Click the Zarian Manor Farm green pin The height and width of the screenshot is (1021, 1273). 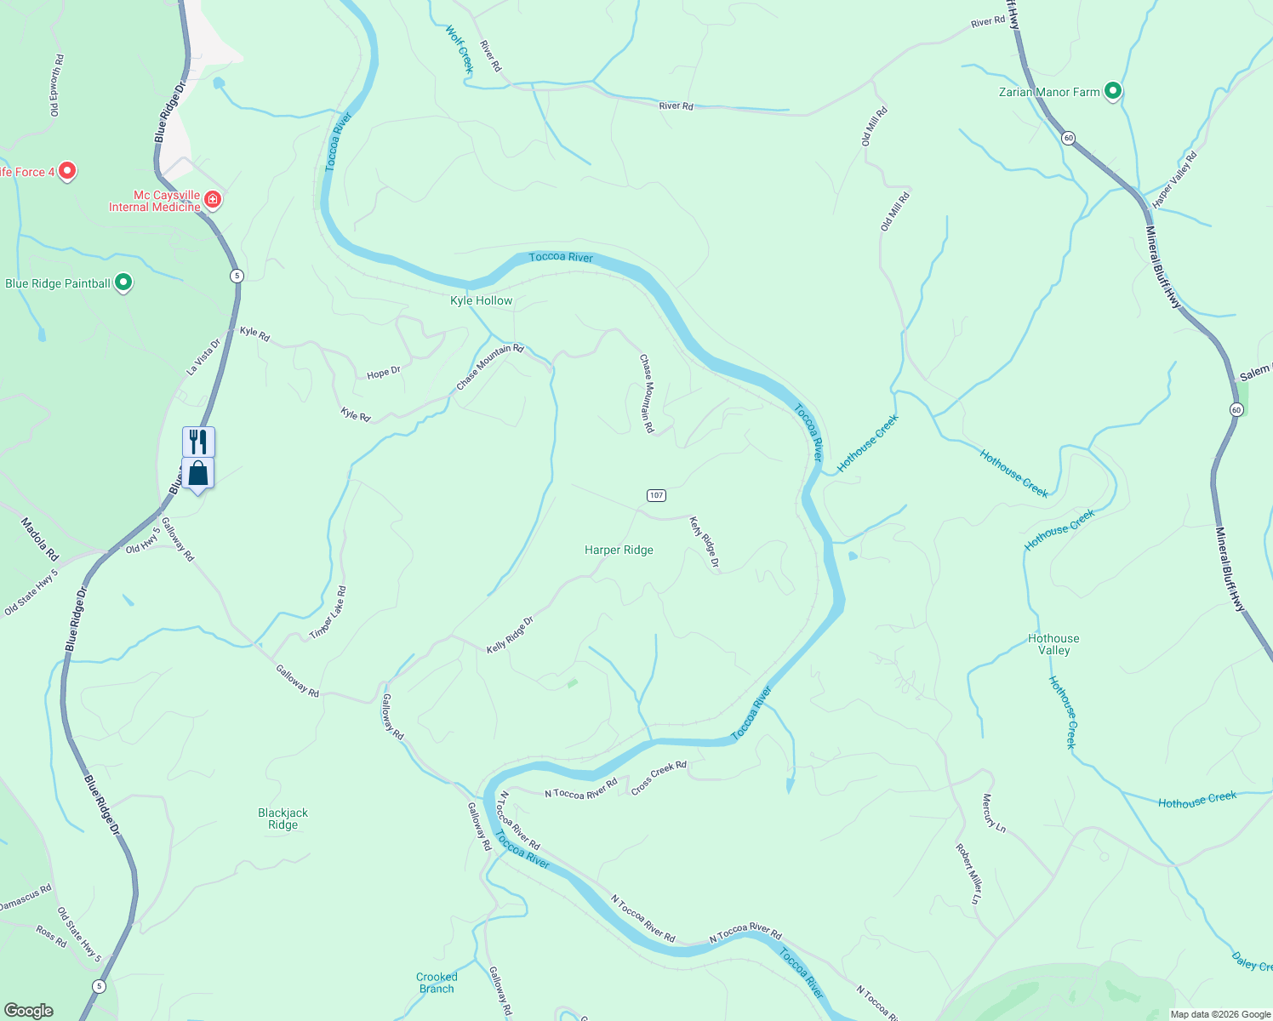pos(1112,91)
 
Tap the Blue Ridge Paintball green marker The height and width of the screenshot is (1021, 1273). pos(123,282)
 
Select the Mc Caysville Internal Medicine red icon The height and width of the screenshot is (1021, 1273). pos(213,200)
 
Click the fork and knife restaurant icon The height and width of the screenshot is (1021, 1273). pos(198,442)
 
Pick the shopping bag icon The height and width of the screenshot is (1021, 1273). pos(198,473)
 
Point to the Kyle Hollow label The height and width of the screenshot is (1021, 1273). pos(481,300)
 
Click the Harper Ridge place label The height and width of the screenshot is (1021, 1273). pos(619,550)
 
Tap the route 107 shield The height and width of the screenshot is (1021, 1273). pos(655,495)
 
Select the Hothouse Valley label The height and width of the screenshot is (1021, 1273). pos(1053,644)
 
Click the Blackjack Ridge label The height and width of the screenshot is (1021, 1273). pos(283,819)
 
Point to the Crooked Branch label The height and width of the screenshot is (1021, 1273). pos(437,983)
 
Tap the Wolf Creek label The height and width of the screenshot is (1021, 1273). pos(459,48)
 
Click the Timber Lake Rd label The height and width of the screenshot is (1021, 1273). pos(328,613)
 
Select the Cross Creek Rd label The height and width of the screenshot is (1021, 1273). pos(659,779)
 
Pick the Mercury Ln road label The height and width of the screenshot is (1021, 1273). pos(994,812)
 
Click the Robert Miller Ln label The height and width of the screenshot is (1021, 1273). pos(968,873)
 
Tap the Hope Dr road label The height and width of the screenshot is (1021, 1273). pos(384,373)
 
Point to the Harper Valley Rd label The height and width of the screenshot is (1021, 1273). pos(1174,180)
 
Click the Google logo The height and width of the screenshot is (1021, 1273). pos(29,1010)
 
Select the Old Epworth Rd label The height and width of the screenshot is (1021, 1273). pos(56,85)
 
